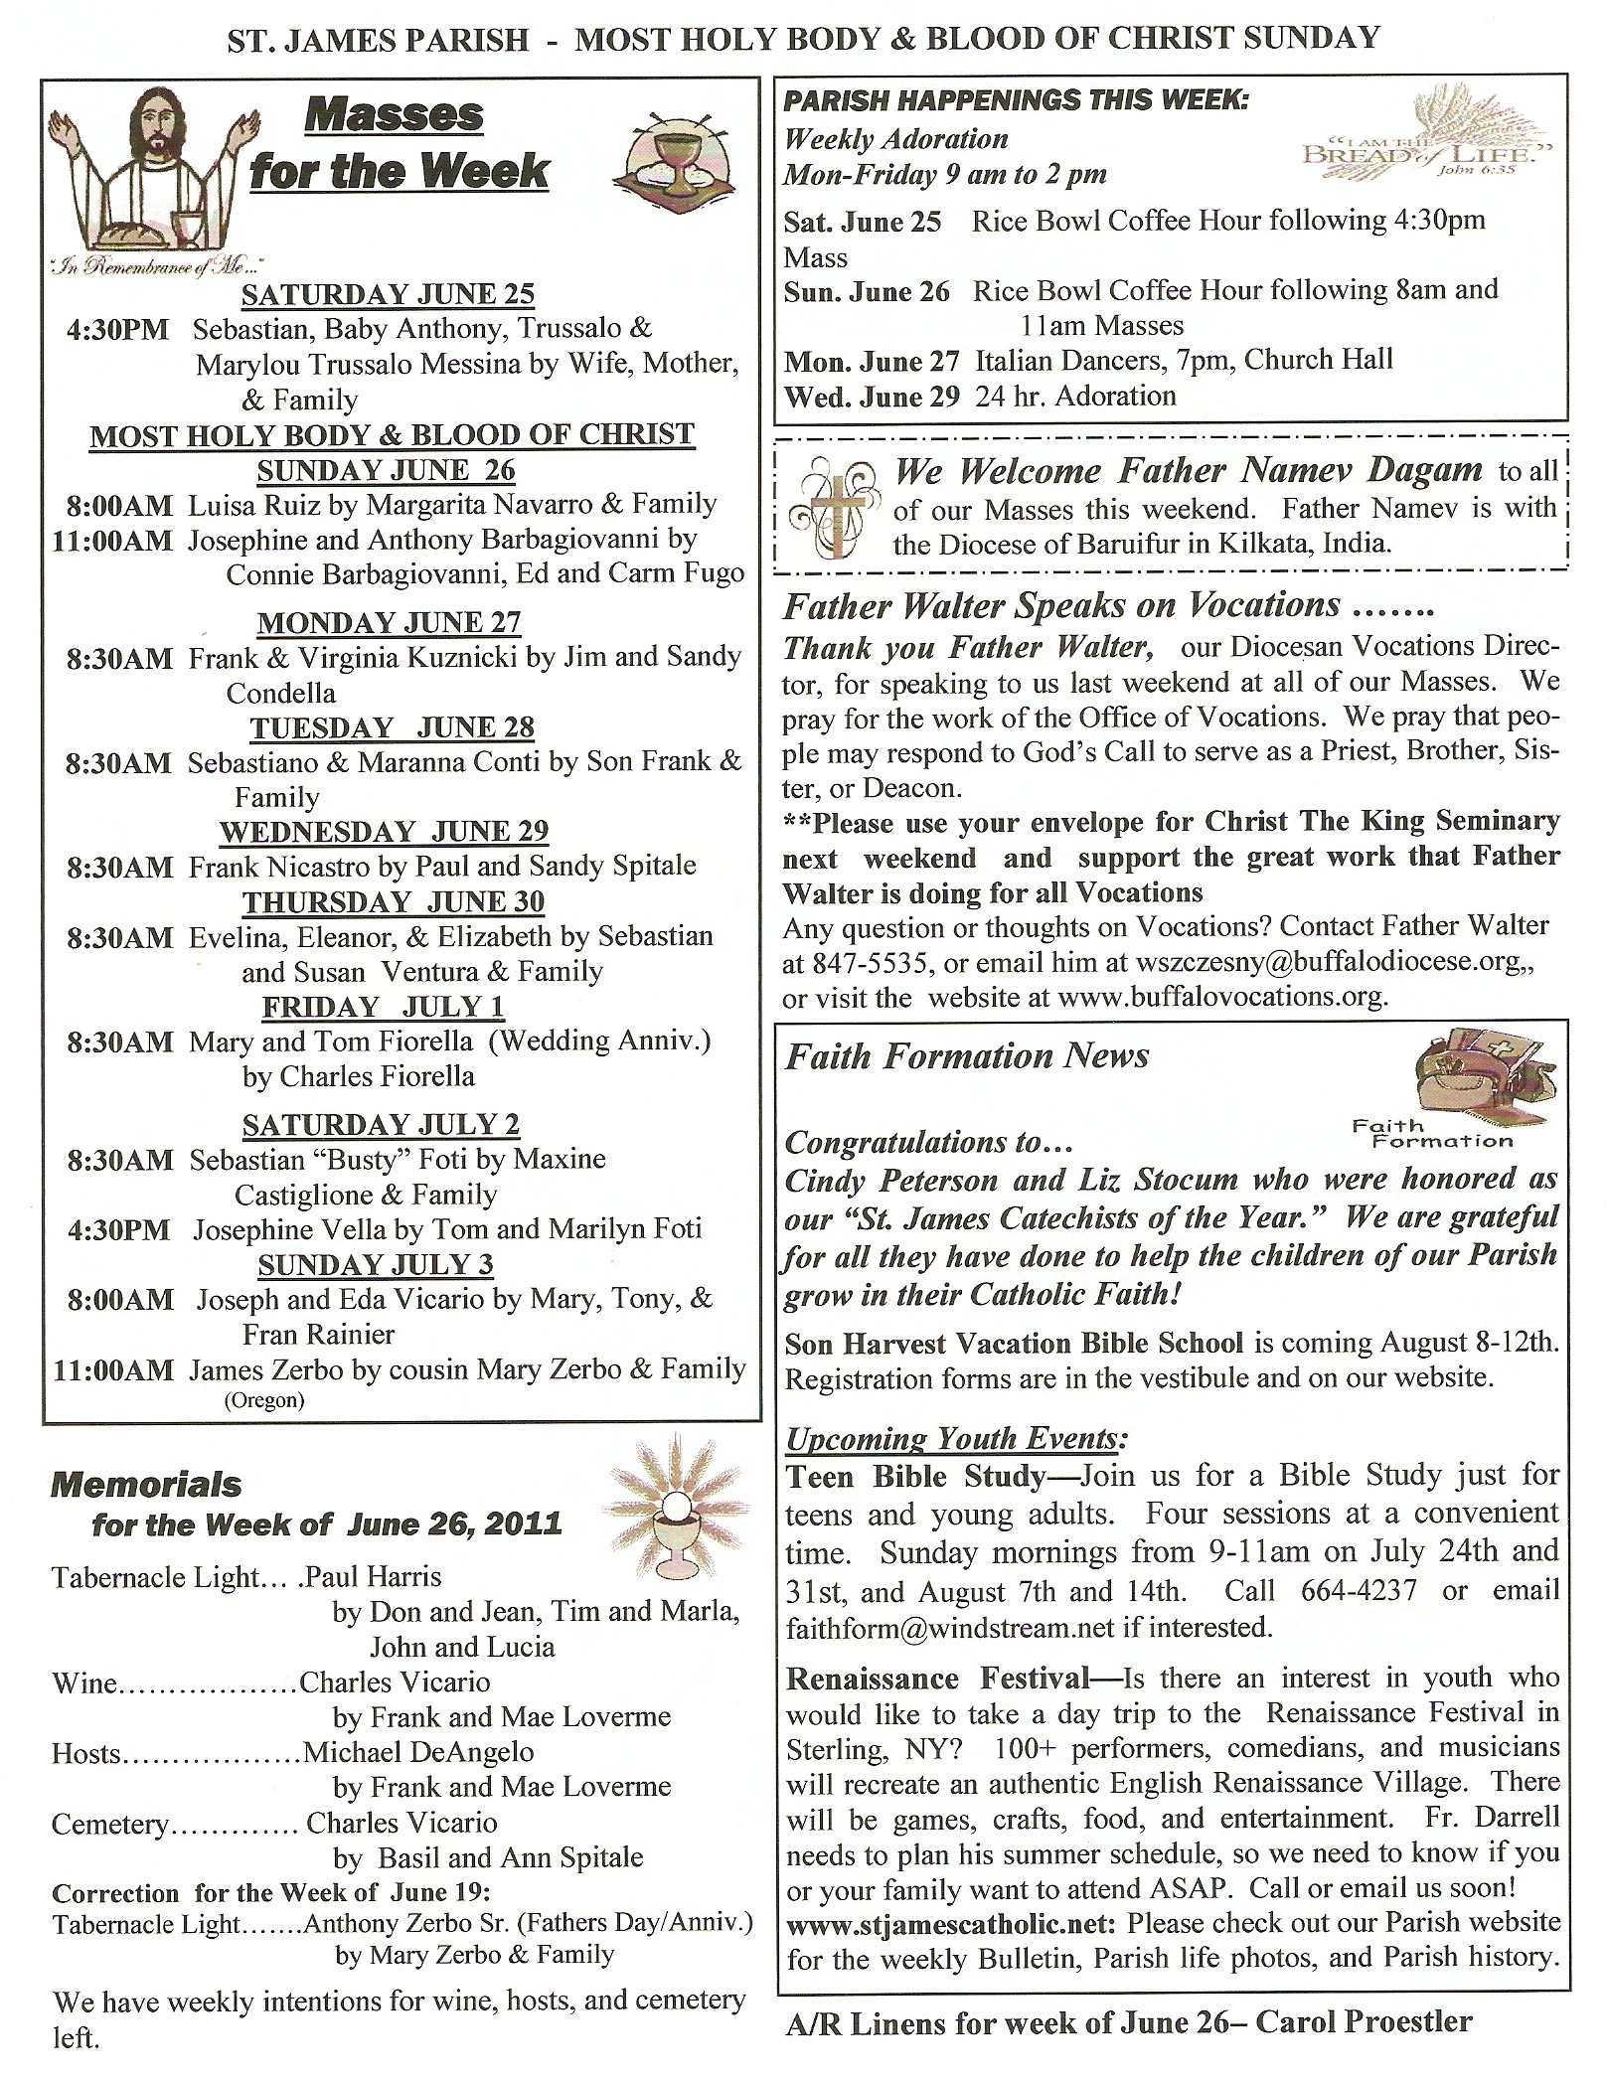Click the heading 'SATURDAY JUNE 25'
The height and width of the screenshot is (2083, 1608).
tap(388, 294)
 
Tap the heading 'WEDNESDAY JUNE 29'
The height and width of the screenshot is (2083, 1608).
tap(385, 831)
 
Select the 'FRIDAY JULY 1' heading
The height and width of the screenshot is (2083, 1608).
tap(384, 1007)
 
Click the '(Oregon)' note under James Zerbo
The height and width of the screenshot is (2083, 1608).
tap(263, 1401)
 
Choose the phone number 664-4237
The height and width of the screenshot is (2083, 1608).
tap(1359, 1591)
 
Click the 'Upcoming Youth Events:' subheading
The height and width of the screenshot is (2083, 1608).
tap(956, 1439)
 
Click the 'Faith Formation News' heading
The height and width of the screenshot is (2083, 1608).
tap(967, 1055)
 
